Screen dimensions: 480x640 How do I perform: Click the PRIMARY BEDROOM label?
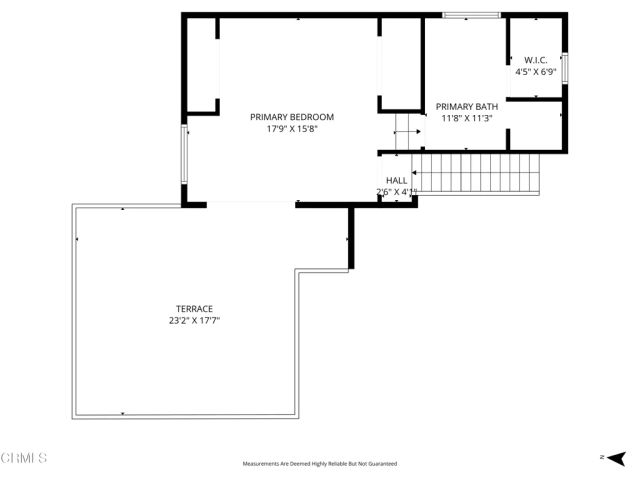click(292, 117)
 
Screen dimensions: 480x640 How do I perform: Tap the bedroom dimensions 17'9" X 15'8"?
click(292, 130)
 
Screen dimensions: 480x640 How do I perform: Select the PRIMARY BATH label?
click(467, 106)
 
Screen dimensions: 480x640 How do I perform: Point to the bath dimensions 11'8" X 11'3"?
click(467, 119)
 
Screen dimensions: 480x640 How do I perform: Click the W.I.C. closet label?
click(535, 60)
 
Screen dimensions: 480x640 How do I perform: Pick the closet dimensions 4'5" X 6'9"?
click(535, 72)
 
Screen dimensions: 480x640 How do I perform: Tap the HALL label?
click(397, 180)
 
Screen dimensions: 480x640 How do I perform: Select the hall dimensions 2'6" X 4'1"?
click(397, 192)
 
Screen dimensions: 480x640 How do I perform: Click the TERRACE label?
click(195, 308)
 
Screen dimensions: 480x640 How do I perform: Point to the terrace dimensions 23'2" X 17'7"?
click(195, 321)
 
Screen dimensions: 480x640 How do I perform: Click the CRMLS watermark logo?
click(24, 458)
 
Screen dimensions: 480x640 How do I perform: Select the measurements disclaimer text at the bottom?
click(320, 464)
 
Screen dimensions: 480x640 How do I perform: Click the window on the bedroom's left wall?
click(183, 154)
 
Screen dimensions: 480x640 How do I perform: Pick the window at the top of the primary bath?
click(471, 15)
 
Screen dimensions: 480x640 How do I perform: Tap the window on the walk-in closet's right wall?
click(565, 67)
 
